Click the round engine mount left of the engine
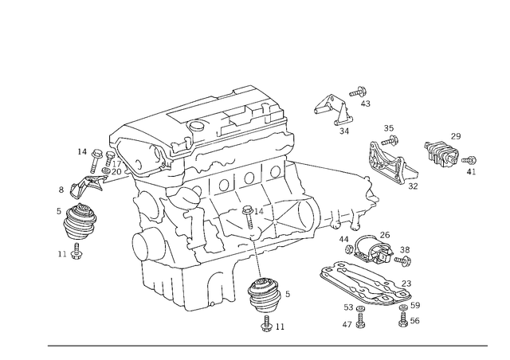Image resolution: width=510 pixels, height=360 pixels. (79, 223)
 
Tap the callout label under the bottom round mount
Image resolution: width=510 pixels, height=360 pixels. (272, 324)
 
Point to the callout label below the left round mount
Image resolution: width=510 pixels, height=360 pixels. (76, 255)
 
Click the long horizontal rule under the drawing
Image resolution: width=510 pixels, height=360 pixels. (267, 346)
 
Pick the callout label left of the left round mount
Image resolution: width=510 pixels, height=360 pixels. (62, 190)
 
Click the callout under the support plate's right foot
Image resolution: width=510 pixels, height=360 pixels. (410, 323)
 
